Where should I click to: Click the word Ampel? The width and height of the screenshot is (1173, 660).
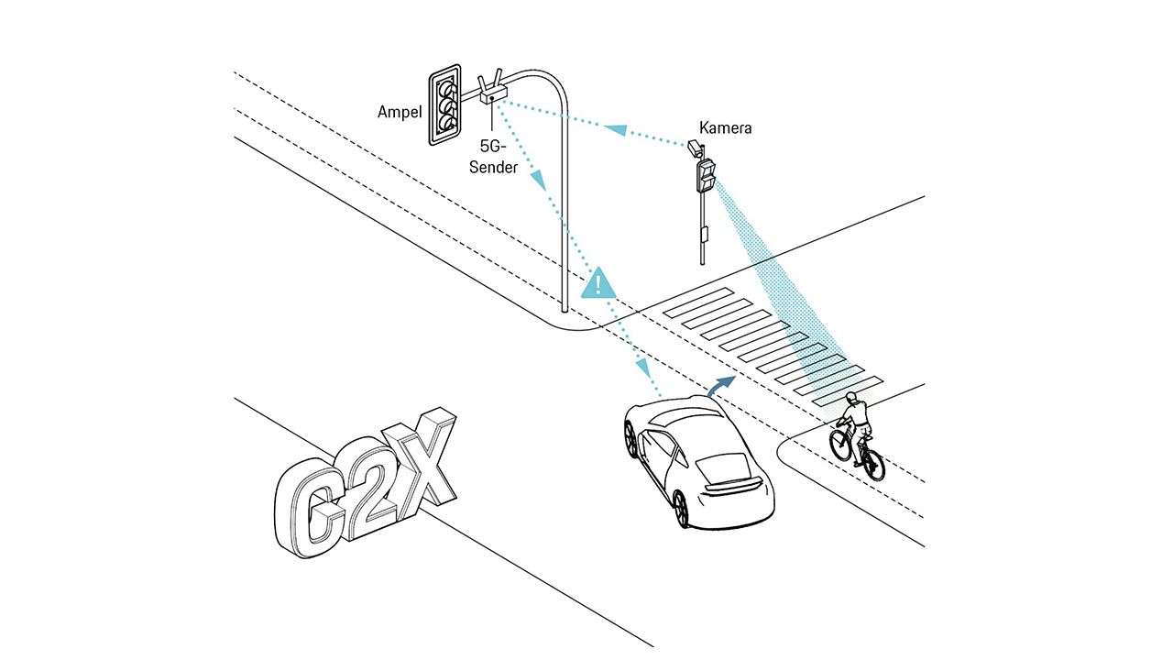[400, 112]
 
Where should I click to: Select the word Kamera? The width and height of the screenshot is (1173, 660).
[725, 127]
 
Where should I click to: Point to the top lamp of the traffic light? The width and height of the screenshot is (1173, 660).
[448, 88]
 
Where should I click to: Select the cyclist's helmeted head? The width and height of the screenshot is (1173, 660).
[852, 400]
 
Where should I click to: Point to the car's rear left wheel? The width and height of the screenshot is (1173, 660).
[680, 508]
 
